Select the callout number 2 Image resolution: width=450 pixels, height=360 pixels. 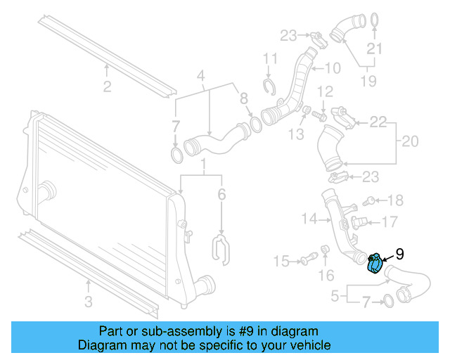pos(107,87)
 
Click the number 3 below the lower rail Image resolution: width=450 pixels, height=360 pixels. pos(88,303)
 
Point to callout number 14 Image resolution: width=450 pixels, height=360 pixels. pos(309,219)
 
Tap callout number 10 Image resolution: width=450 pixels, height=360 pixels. pos(332,69)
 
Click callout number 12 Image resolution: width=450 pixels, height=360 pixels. pos(324,91)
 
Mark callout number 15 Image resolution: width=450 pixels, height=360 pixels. pos(281,262)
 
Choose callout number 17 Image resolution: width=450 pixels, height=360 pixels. pos(390,222)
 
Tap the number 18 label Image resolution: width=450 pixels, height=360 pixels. pos(396,200)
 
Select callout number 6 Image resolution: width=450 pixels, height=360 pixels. pos(221,195)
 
